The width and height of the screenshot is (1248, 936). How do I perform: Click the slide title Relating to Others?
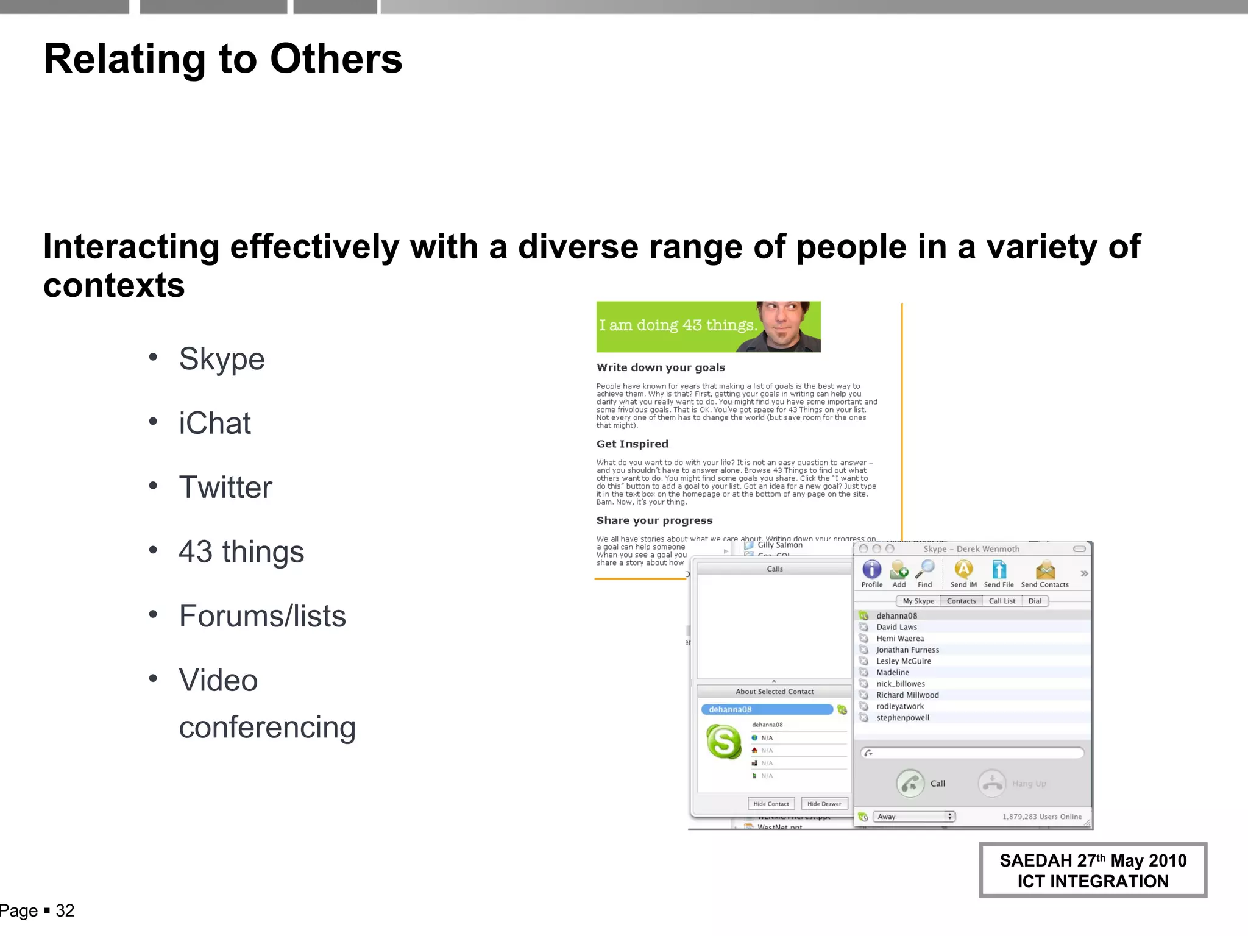click(x=223, y=59)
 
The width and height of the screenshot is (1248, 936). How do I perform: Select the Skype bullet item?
click(x=222, y=359)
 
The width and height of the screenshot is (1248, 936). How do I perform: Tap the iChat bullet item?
click(x=214, y=424)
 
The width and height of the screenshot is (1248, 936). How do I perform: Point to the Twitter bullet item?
click(x=225, y=487)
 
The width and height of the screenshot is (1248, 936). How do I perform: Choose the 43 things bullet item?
click(x=241, y=552)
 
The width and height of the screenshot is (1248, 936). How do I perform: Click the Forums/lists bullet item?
click(x=262, y=616)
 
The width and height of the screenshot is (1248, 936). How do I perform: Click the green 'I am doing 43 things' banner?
click(x=708, y=327)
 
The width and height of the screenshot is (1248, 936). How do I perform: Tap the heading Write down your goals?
click(x=661, y=367)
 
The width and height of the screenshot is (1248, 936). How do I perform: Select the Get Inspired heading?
click(x=632, y=444)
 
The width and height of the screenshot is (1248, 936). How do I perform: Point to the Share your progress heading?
click(x=654, y=520)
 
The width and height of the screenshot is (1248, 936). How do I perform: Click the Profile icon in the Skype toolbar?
click(x=872, y=570)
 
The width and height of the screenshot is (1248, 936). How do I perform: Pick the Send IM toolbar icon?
click(x=963, y=570)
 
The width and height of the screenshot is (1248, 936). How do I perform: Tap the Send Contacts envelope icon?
click(x=1045, y=570)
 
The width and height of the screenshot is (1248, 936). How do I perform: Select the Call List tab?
click(x=1002, y=601)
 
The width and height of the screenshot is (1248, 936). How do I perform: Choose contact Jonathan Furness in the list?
click(x=907, y=650)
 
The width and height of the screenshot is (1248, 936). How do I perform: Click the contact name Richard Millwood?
click(x=907, y=695)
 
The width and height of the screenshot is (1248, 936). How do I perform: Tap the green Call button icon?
click(x=910, y=784)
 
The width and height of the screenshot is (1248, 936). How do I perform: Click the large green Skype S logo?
click(x=724, y=742)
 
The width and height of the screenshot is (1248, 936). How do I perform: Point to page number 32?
click(x=65, y=911)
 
